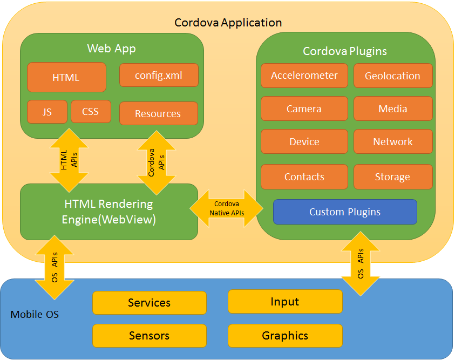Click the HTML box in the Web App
tap(66, 77)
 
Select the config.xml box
tap(159, 76)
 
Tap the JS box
tap(47, 112)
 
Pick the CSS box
tap(91, 112)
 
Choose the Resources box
tap(158, 113)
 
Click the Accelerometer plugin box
tap(304, 76)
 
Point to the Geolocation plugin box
tap(392, 76)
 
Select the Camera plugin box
tap(304, 108)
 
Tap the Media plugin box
tap(392, 108)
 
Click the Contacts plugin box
tap(304, 176)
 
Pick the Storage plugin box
tap(392, 176)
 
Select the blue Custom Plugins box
tap(345, 212)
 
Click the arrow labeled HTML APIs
tap(69, 160)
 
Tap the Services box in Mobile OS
tap(150, 303)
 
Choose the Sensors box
tap(150, 336)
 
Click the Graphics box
tap(285, 336)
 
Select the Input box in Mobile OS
tap(285, 301)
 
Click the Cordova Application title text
tap(228, 23)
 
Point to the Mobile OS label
tap(35, 314)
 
